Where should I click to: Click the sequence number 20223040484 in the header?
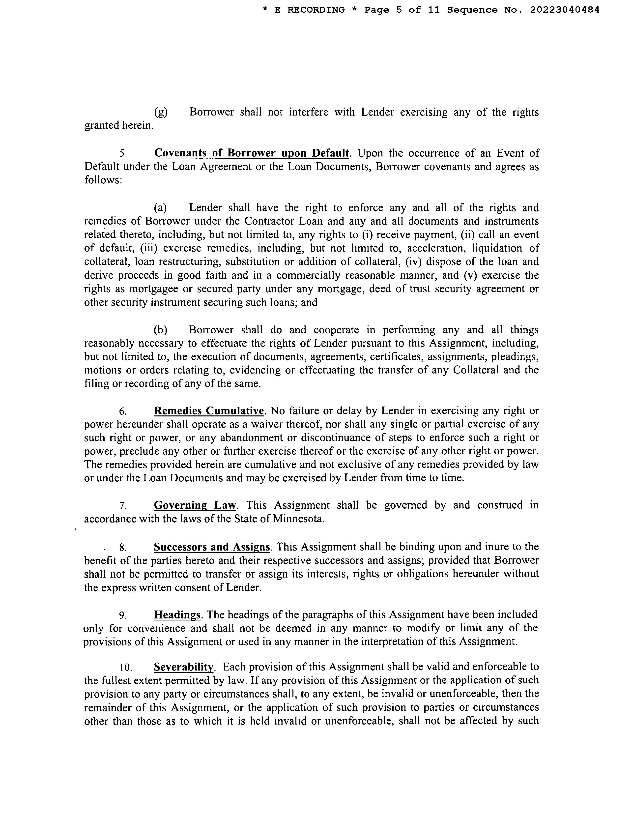coord(565,10)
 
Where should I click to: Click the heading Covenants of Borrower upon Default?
coord(252,153)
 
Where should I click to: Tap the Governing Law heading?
coord(195,505)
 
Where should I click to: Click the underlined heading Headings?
coord(177,615)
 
